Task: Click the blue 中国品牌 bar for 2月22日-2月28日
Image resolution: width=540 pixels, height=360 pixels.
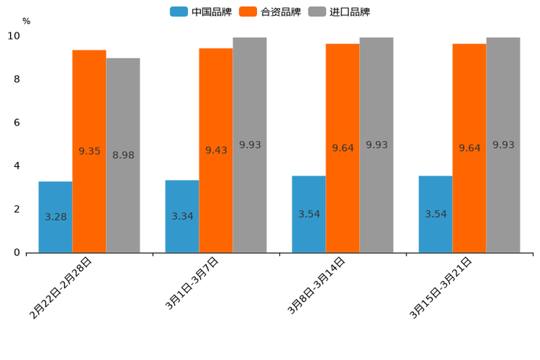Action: (x=55, y=217)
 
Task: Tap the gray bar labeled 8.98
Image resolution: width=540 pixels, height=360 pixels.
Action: (x=123, y=155)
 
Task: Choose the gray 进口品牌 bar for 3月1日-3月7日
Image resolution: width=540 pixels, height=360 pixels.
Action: (x=250, y=145)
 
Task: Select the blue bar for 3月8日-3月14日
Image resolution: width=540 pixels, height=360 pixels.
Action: (x=308, y=214)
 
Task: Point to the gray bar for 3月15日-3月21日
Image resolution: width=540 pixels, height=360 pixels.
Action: (x=503, y=145)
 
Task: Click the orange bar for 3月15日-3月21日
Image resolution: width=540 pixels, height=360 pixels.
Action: (x=469, y=148)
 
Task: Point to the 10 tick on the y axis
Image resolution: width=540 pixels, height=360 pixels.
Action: (x=14, y=36)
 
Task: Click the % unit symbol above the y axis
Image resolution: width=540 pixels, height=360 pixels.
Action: (x=26, y=21)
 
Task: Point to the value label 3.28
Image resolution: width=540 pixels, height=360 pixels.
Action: (x=56, y=217)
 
